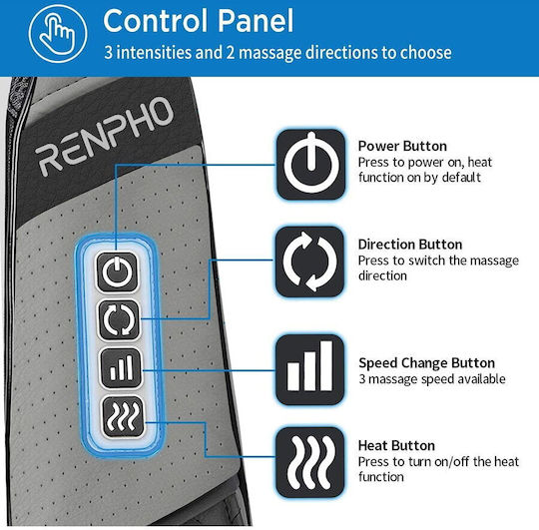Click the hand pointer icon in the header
(x=58, y=34)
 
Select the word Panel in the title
(x=256, y=21)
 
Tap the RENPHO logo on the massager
(x=104, y=136)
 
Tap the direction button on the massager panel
(x=120, y=320)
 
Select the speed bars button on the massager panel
(x=121, y=368)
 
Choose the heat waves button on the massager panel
(x=123, y=417)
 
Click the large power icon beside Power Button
(x=310, y=165)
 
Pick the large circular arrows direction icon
(x=309, y=262)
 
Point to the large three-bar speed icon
(x=309, y=369)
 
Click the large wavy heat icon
(x=309, y=463)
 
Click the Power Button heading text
(x=402, y=147)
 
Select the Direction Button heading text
(x=410, y=245)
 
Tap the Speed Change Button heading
(x=426, y=363)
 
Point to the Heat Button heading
(x=396, y=446)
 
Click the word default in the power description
(x=461, y=178)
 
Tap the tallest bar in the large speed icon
(x=325, y=365)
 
